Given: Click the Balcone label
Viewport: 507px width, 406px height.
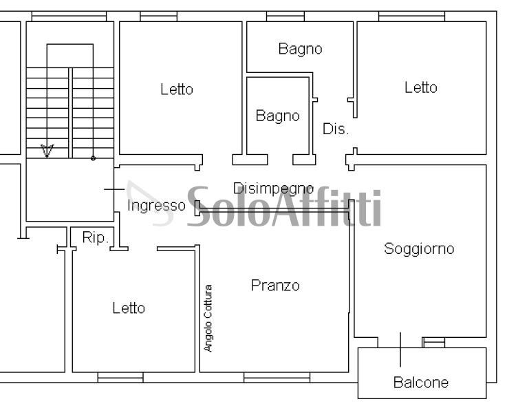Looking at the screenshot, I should point(420,383).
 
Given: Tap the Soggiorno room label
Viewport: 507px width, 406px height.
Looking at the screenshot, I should point(419,248).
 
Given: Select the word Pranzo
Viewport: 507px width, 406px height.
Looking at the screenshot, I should point(275,285).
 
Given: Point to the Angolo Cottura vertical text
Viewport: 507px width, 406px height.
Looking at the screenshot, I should point(208,318).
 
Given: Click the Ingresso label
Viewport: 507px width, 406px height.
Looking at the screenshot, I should point(156,205).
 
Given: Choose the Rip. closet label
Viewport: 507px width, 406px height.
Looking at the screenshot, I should point(95,237).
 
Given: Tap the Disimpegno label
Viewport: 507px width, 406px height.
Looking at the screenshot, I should point(273,188).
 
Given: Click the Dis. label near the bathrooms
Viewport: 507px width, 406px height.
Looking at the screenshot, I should point(336,129).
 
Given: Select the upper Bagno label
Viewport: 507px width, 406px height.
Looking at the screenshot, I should point(300,49).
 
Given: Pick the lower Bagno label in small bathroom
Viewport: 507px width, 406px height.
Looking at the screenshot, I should point(277,116).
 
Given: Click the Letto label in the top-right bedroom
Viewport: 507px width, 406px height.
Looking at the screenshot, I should point(420,87).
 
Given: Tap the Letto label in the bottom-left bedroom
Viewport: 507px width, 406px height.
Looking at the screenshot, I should point(129,308).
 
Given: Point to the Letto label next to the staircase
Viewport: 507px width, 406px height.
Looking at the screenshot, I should point(177,89).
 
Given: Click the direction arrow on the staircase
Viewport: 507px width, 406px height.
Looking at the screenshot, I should point(47,149).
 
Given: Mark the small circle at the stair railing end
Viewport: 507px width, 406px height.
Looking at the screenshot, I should point(93,158).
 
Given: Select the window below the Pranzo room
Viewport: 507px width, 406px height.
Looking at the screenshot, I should point(277,377).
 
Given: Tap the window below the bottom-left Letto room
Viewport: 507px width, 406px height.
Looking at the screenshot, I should point(120,377).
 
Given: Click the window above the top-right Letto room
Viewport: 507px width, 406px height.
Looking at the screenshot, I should point(411,16).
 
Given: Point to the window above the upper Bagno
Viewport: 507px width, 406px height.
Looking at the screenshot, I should point(285,16).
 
